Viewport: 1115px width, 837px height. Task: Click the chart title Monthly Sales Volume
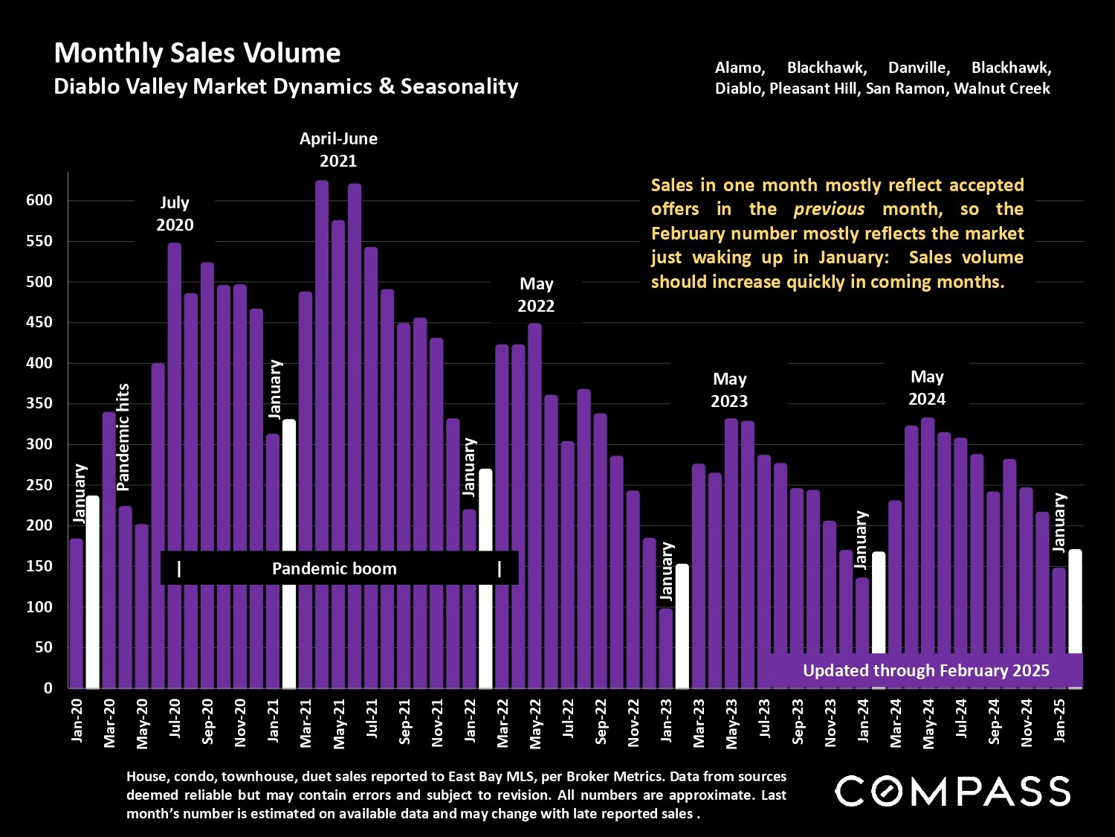point(197,54)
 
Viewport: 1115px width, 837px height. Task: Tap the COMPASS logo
point(952,791)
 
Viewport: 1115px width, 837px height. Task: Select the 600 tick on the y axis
point(38,200)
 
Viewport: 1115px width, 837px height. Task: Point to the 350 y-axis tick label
point(38,404)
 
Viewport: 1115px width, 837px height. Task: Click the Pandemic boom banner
point(334,569)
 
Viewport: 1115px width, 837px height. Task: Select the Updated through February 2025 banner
point(925,670)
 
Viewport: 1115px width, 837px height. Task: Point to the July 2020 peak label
point(175,214)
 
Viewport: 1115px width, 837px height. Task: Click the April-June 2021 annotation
point(338,150)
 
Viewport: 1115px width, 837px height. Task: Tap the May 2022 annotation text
point(536,295)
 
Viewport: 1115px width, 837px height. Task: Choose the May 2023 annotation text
point(728,390)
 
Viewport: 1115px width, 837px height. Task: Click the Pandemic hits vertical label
point(123,437)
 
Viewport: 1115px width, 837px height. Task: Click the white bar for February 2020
point(93,591)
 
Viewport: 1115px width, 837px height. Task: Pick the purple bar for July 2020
point(175,465)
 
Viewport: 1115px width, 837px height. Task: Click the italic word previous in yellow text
point(829,209)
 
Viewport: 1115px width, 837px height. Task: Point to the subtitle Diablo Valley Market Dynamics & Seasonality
point(286,86)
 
